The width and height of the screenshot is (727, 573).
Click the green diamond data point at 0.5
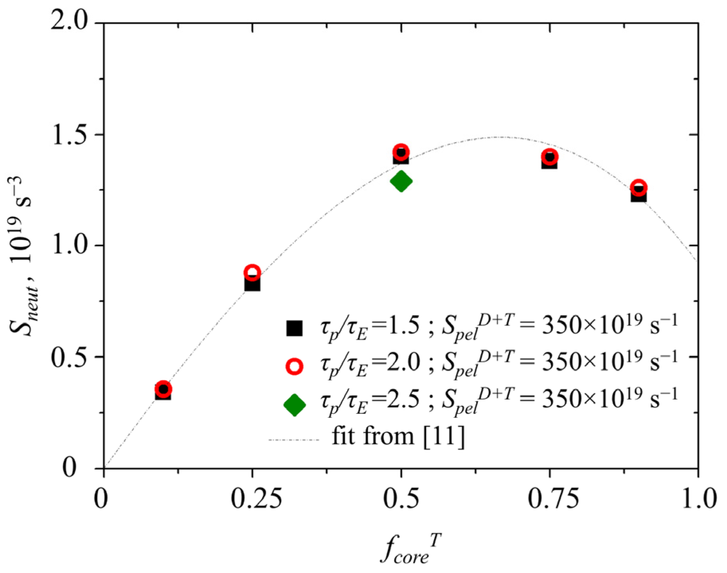(401, 181)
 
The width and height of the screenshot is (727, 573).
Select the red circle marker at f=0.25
(252, 273)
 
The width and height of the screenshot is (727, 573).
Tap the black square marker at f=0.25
(252, 284)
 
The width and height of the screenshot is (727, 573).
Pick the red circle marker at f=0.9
(639, 187)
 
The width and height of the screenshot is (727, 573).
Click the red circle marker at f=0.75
(549, 156)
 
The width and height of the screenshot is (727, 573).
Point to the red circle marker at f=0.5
(401, 152)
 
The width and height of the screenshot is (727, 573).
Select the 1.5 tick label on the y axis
(69, 134)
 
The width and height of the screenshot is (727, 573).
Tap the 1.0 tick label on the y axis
(69, 246)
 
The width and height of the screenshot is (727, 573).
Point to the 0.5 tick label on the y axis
(69, 357)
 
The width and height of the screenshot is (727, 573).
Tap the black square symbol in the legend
(294, 328)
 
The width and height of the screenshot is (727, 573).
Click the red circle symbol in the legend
(294, 366)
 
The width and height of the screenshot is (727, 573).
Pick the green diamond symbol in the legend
(294, 405)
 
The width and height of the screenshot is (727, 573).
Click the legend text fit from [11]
(398, 437)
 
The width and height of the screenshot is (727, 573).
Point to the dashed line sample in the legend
(294, 440)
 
